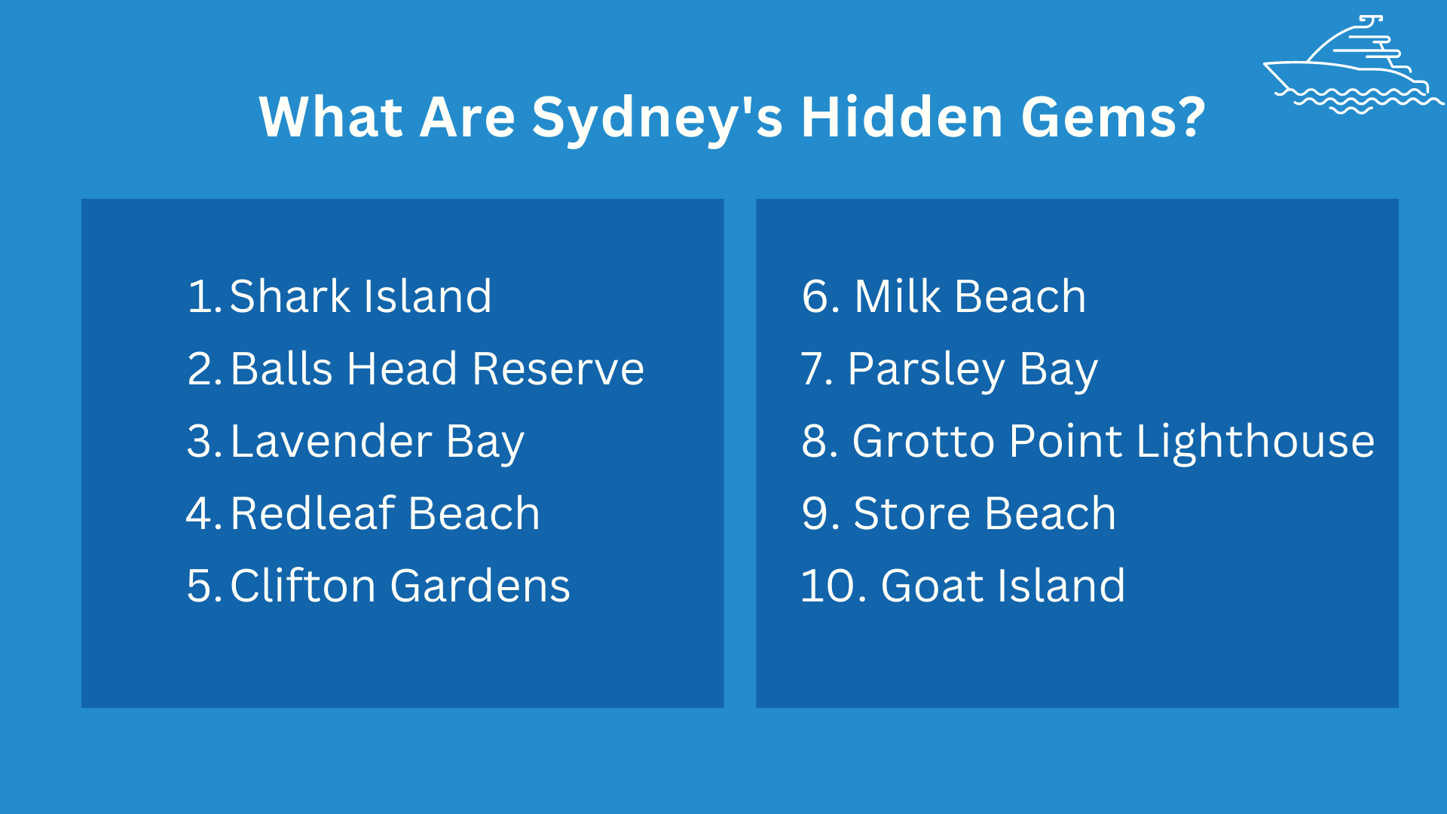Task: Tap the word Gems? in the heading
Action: tap(1113, 118)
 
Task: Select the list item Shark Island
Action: tap(360, 296)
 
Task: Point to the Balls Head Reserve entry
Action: tap(437, 369)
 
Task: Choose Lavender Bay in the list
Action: tap(377, 442)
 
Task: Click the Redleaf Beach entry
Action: tap(385, 514)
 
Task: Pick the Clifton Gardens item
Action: tap(400, 586)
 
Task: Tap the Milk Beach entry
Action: tap(970, 296)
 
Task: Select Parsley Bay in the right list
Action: tap(972, 369)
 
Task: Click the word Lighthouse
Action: tap(1255, 442)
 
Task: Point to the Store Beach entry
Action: tap(984, 514)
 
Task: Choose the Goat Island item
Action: tap(1003, 586)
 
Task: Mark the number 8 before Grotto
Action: tap(815, 442)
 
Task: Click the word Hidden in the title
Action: tap(901, 118)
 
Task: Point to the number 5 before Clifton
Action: tap(200, 586)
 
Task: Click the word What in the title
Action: tap(332, 118)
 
